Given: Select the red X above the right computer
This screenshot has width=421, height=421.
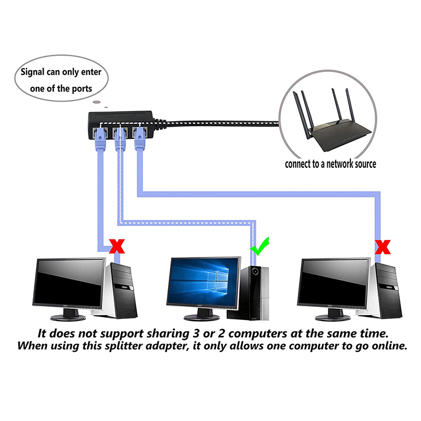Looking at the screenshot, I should (x=385, y=245).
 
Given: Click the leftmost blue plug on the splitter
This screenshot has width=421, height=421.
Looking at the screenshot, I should (x=98, y=137).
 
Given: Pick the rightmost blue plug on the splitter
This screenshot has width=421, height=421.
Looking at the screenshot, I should (x=139, y=137).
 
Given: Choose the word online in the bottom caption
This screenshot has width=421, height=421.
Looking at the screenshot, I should (x=386, y=347).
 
